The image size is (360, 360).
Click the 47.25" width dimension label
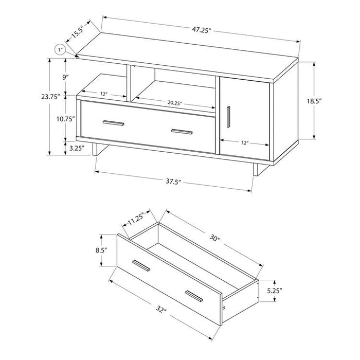(201, 31)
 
